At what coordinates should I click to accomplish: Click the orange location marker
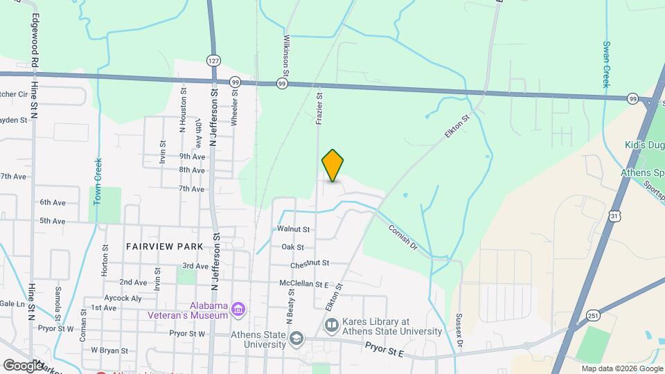(x=332, y=165)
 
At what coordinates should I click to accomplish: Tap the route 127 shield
(x=213, y=61)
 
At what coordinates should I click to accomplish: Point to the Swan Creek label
(x=605, y=64)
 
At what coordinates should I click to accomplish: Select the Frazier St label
(x=319, y=109)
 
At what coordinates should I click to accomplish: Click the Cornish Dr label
(x=403, y=237)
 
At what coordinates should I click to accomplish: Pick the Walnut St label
(x=292, y=229)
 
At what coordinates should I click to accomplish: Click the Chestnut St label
(x=309, y=263)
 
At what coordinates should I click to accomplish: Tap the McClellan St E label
(x=303, y=284)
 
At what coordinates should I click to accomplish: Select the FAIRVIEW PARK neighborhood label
(x=165, y=246)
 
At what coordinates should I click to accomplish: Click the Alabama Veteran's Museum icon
(x=238, y=309)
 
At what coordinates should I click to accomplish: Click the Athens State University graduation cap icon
(x=296, y=338)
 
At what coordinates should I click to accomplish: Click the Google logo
(x=22, y=365)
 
